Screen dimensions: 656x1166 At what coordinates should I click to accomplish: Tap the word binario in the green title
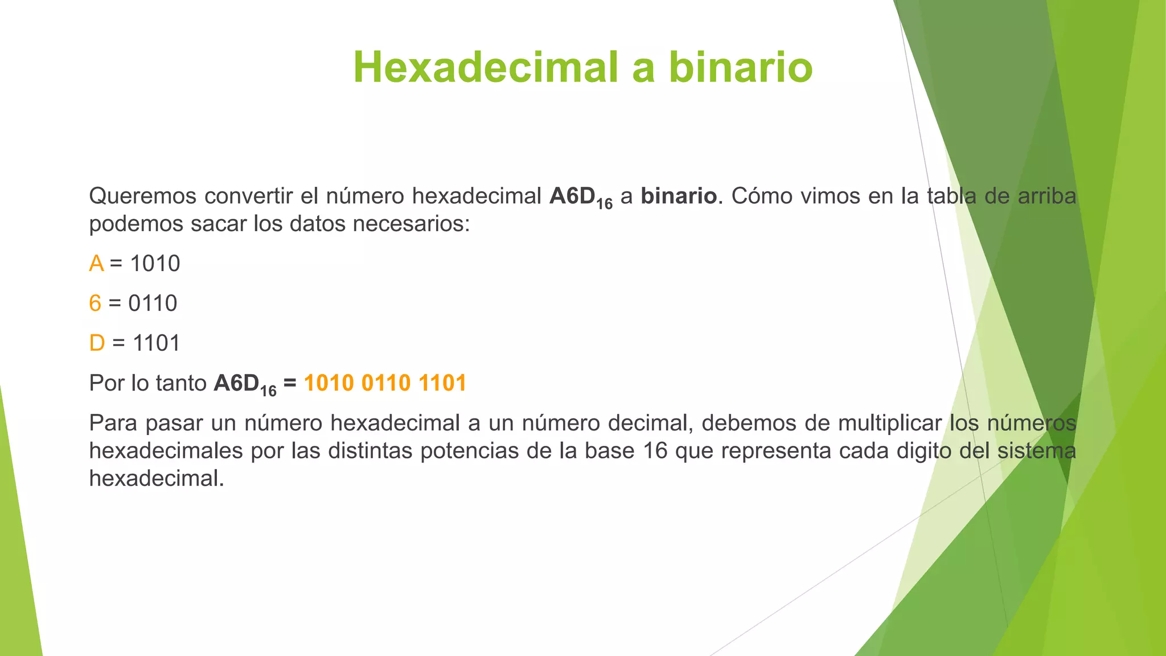[x=741, y=68]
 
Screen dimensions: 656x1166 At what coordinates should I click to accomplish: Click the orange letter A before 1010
[x=96, y=264]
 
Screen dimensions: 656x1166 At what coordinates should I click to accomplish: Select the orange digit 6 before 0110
[x=95, y=304]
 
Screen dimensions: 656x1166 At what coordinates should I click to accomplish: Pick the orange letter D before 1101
[x=97, y=343]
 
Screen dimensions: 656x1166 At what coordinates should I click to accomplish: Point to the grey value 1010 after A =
[x=155, y=264]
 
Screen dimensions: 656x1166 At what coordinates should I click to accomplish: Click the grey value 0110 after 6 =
[x=153, y=304]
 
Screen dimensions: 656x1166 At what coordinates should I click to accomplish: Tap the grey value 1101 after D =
[x=156, y=343]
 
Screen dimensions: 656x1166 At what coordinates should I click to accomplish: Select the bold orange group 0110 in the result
[x=385, y=383]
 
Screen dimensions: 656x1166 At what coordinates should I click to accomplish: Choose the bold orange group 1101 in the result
[x=442, y=383]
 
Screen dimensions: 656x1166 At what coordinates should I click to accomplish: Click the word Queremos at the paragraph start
[x=143, y=196]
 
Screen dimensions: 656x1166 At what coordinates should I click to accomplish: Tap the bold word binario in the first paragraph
[x=678, y=196]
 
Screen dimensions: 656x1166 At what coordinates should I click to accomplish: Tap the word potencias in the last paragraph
[x=469, y=451]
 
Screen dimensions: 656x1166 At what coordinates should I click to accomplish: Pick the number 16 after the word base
[x=655, y=451]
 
